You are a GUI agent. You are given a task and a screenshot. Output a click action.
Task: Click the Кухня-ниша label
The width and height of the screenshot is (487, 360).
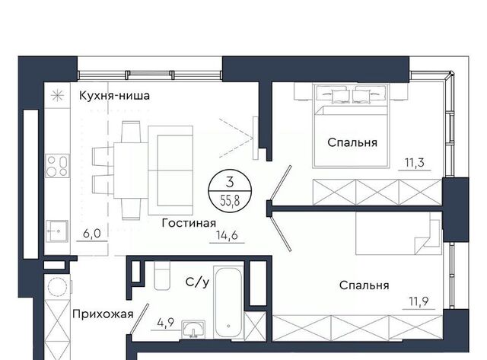(114, 95)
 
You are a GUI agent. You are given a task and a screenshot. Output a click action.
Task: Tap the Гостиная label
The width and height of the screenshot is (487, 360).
(189, 223)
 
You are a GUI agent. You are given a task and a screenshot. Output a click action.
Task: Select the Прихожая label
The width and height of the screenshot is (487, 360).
(103, 314)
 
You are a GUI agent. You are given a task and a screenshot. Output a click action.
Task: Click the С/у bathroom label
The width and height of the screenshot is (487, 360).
(197, 282)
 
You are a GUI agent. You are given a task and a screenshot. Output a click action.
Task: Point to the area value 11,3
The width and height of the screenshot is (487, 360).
(414, 163)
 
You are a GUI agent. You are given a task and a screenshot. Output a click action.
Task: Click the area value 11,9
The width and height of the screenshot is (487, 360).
(419, 301)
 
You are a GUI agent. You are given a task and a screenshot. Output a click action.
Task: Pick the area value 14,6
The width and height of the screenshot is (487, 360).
(228, 235)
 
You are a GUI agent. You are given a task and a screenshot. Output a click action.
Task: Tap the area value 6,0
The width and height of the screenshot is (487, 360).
(92, 234)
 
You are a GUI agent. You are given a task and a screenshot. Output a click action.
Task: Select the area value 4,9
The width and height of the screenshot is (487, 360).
(166, 323)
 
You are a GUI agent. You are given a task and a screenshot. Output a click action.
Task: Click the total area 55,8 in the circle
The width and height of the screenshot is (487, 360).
(230, 201)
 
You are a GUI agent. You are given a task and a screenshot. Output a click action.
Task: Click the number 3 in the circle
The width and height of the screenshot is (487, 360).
(230, 183)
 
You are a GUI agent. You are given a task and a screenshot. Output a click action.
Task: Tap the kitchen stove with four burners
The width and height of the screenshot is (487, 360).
(58, 166)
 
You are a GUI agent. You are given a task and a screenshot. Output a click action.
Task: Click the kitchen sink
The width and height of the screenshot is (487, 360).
(57, 231)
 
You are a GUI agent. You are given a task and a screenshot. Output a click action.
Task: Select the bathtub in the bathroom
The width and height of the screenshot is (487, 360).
(228, 302)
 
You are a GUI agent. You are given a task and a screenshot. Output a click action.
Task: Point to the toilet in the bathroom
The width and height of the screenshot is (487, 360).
(162, 276)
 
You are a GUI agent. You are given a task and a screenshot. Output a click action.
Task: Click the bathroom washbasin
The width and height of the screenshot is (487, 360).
(193, 329)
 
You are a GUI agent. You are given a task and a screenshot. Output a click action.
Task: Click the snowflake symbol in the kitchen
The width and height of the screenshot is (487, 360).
(58, 95)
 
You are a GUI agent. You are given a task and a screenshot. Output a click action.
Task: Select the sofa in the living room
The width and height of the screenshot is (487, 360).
(170, 170)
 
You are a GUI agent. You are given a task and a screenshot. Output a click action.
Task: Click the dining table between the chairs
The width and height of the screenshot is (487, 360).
(131, 170)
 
